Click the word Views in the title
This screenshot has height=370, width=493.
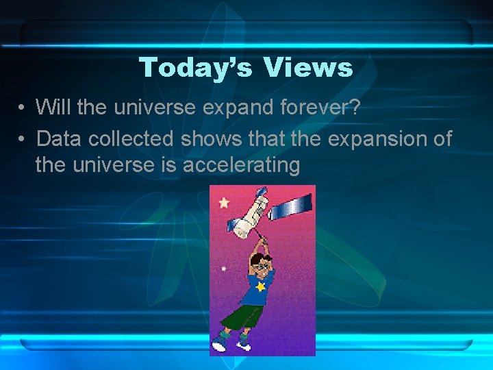pyautogui.click(x=308, y=68)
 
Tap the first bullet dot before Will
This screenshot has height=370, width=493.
pyautogui.click(x=23, y=108)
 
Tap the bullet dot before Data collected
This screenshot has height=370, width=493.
pyautogui.click(x=23, y=139)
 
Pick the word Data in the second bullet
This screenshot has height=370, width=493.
pyautogui.click(x=58, y=139)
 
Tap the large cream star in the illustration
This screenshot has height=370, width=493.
pyautogui.click(x=225, y=203)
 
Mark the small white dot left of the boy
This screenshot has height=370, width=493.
pyautogui.click(x=225, y=269)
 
